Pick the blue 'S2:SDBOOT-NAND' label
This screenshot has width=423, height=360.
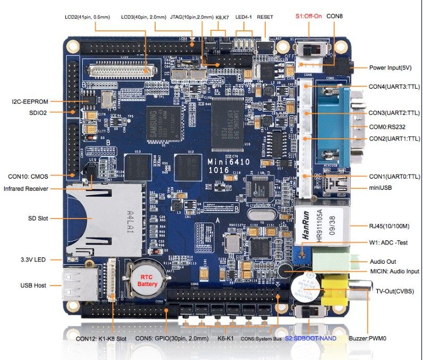click(x=310, y=338)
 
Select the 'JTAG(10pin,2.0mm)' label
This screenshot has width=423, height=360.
click(x=191, y=17)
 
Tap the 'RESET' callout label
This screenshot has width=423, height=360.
click(x=265, y=17)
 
